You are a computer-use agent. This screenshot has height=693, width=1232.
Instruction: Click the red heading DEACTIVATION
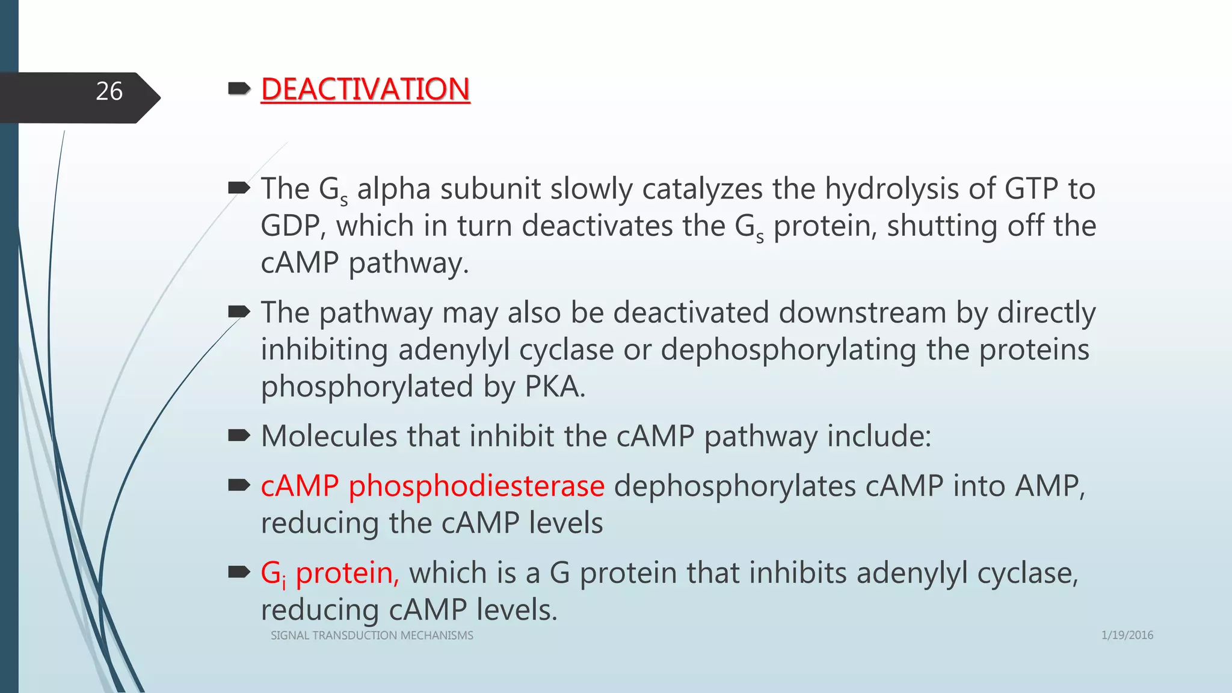365,89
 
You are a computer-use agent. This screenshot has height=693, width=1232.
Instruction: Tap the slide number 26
109,91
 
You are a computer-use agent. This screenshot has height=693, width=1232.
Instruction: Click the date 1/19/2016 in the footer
1127,635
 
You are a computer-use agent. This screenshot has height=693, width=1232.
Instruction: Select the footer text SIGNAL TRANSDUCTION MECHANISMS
372,635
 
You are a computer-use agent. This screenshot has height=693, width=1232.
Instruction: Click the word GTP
1031,189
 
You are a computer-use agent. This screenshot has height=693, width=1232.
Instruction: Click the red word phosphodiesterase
476,486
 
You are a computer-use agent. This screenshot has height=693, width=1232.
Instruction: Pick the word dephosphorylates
735,486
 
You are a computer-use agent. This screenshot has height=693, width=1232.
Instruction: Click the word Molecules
329,436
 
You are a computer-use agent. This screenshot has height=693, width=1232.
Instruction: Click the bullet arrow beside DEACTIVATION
239,89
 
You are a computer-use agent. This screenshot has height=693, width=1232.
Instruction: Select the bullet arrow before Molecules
239,436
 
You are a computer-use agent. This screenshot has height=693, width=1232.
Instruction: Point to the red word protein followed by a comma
346,573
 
